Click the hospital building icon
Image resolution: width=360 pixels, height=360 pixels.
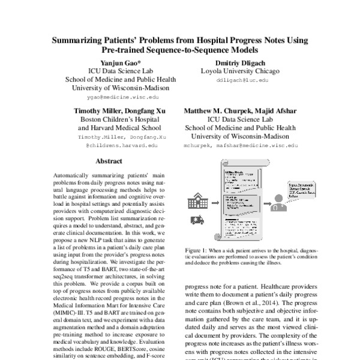(198, 201)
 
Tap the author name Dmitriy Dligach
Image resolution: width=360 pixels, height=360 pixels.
(234, 62)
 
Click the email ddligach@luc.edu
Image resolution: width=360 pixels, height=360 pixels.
(234, 79)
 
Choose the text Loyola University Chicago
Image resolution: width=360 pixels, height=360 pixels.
(234, 70)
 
